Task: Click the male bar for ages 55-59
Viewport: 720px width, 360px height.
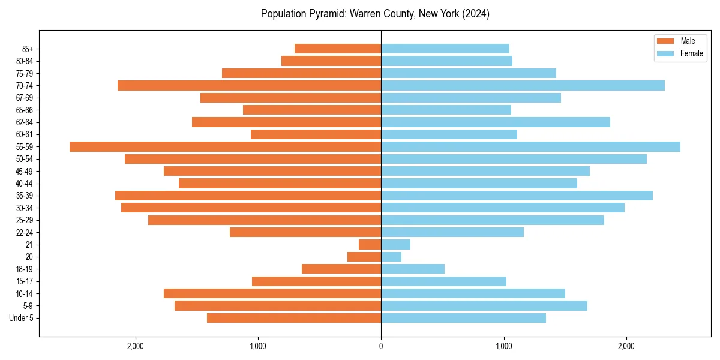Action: coord(225,146)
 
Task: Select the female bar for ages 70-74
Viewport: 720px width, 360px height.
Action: coord(523,85)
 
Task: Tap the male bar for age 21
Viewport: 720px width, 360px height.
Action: coord(370,244)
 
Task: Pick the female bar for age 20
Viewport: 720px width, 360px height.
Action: coord(391,257)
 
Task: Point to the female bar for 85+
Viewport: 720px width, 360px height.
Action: coord(445,49)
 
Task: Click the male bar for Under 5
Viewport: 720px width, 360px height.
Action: coord(294,318)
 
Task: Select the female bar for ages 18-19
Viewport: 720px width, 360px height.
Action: coord(413,269)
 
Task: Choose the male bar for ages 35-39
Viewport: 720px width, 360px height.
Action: coord(248,196)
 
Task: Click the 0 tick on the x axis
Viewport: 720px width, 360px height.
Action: coord(381,346)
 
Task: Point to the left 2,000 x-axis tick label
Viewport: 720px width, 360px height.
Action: coord(136,346)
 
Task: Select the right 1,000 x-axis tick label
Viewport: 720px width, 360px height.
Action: coord(504,346)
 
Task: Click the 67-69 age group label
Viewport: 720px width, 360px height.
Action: coord(25,98)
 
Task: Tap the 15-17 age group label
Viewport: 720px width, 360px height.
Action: coord(25,281)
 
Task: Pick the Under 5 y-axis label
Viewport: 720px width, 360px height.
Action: coord(22,318)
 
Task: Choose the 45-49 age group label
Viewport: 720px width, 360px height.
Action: coord(25,171)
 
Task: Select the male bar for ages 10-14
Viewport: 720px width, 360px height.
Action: coord(272,293)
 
